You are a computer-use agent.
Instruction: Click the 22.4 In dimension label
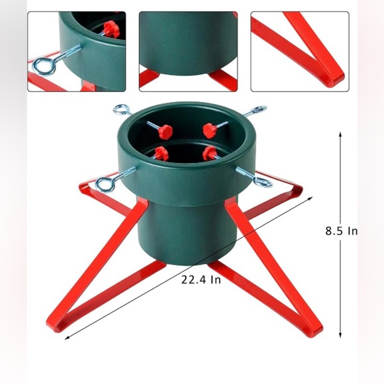point(201,279)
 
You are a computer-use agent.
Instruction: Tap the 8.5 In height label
point(341,231)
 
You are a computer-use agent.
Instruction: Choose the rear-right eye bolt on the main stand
point(257,111)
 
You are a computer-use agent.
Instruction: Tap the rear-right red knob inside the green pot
point(211,129)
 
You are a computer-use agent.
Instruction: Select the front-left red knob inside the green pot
point(160,153)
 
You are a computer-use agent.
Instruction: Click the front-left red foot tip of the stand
point(54,325)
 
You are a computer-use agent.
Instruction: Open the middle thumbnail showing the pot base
point(188,51)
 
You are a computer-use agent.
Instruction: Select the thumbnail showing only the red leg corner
point(299,51)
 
